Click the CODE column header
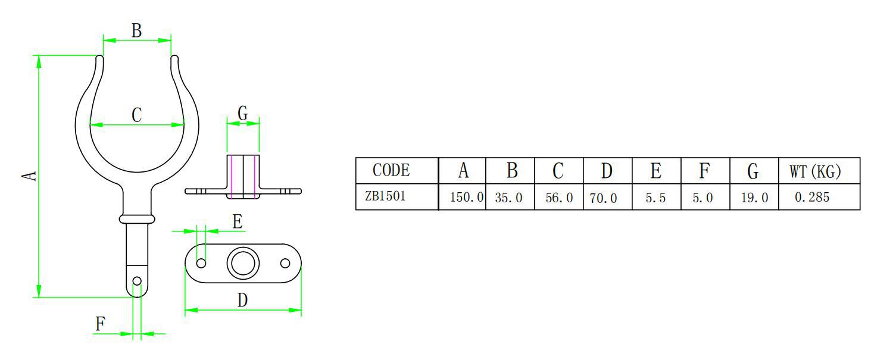coord(391,171)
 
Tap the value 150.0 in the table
coord(466,198)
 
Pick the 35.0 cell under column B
coord(508,198)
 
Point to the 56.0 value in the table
coord(559,198)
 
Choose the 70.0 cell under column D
coord(603,198)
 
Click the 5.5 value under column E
coord(655,198)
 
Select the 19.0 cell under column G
coord(754,198)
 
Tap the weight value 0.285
coord(812,197)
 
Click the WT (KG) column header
coord(815,171)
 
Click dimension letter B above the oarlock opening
coord(136,31)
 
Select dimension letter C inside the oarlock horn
coord(136,115)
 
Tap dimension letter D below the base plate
coord(242,300)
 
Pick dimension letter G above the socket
coord(242,113)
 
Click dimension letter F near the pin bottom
coord(101,324)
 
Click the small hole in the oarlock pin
coord(137,281)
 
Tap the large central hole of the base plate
coord(242,263)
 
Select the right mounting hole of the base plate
coord(285,263)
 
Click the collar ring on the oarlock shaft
coord(137,219)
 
